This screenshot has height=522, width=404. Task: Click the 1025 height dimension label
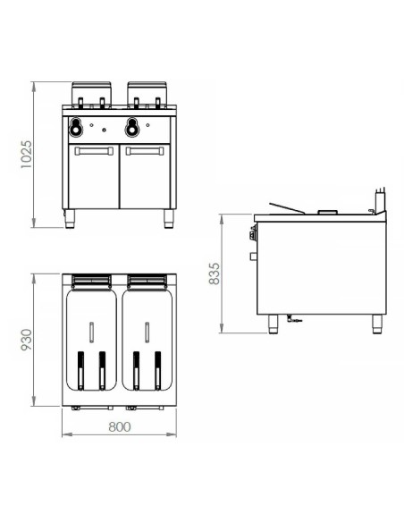[x=26, y=155]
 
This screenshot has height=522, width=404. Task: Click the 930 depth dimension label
[x=26, y=340]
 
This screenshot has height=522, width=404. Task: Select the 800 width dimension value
[x=119, y=426]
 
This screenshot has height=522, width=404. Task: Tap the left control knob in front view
[x=80, y=124]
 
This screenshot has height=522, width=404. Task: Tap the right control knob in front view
[x=132, y=124]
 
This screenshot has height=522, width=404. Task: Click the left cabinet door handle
[x=93, y=150]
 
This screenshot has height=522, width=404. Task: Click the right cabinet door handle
[x=145, y=150]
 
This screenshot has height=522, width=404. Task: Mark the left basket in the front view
[x=91, y=91]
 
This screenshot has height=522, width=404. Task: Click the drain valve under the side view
[x=292, y=319]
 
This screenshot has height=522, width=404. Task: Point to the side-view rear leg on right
[x=375, y=323]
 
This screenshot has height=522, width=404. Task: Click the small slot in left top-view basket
[x=92, y=332]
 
